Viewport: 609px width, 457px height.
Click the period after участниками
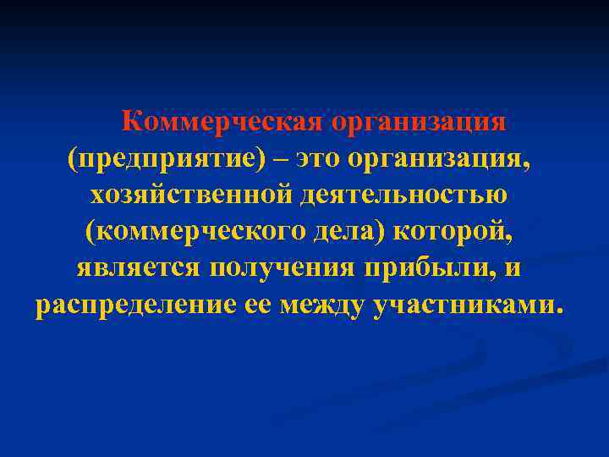click(556, 311)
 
